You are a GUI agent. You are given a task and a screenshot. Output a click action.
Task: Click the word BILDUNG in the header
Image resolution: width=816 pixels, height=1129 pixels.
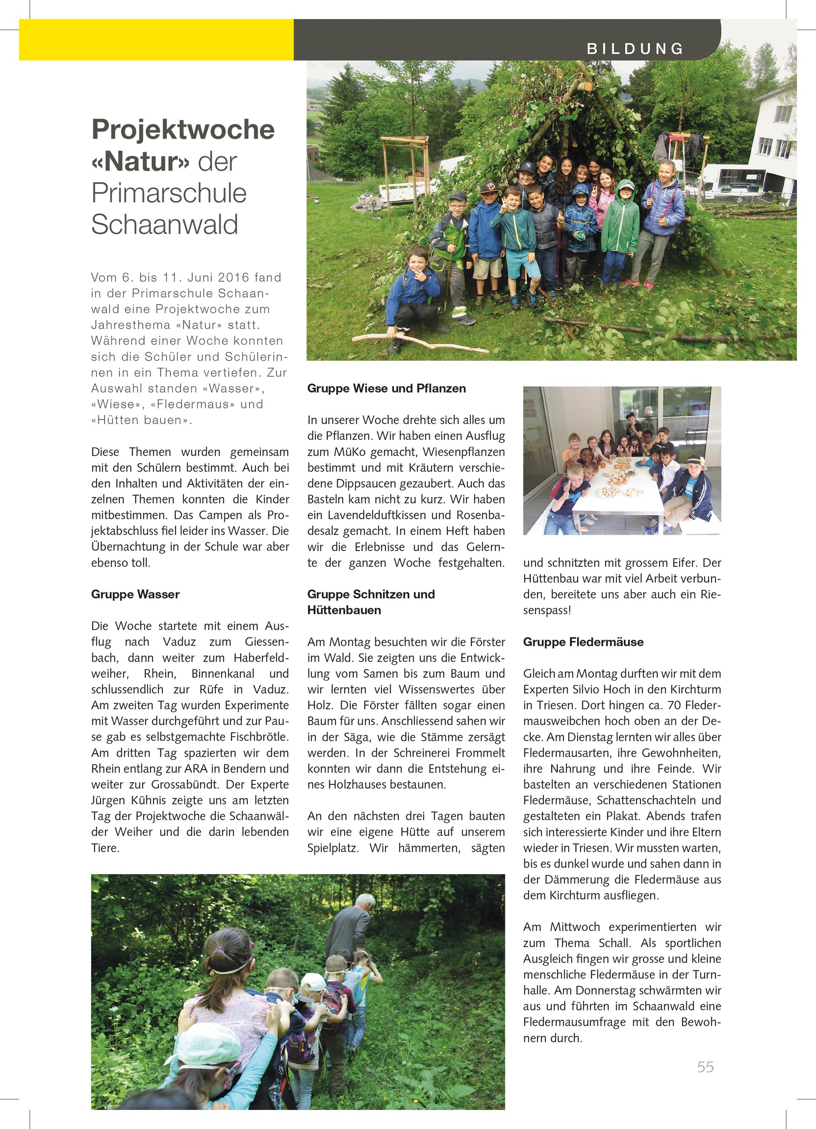pos(635,49)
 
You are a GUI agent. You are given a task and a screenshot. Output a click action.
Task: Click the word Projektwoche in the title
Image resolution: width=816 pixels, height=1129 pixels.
pos(183,130)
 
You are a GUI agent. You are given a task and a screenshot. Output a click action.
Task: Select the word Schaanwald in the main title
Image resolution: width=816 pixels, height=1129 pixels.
pos(165,224)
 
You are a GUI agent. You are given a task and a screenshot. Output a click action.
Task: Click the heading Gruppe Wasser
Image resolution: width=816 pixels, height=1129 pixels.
pos(136,594)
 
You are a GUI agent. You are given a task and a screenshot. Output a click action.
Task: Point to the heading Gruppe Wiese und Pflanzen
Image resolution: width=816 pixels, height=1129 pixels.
pos(386,388)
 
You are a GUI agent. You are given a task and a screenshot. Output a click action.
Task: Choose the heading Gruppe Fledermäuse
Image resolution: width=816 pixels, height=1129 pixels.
pos(583,642)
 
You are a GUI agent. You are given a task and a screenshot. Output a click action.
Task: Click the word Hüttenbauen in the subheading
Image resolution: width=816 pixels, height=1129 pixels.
pos(344,610)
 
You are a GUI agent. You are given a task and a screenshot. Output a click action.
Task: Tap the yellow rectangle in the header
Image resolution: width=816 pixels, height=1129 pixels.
pos(156,40)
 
